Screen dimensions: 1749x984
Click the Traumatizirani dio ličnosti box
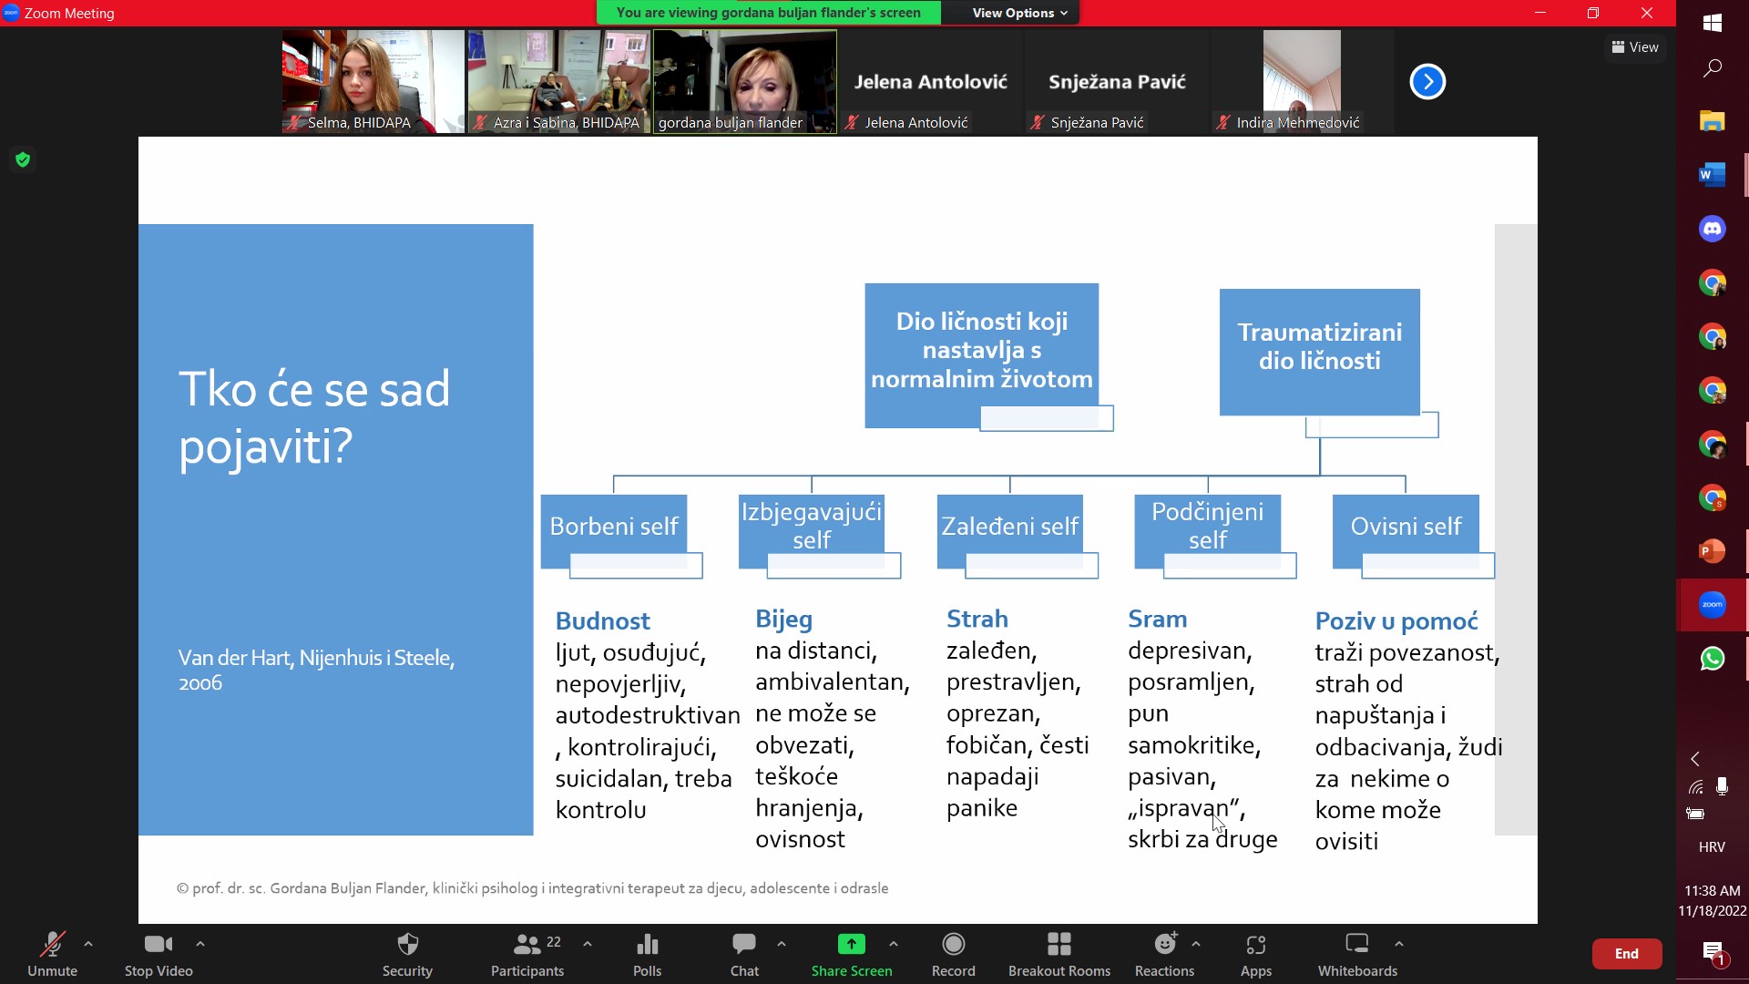(x=1319, y=352)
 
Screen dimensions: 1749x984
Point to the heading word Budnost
(x=602, y=621)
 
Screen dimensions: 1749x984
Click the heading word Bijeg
(x=783, y=620)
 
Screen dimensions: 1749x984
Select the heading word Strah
(x=977, y=620)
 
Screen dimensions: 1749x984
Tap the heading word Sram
(x=1157, y=620)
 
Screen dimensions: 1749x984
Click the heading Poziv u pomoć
(x=1396, y=621)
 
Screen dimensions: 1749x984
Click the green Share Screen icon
(x=851, y=944)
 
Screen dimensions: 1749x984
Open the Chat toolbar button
(x=744, y=954)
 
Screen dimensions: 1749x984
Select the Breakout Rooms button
(x=1059, y=954)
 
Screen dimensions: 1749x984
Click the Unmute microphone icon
(x=52, y=944)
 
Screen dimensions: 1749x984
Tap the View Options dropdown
(x=1019, y=13)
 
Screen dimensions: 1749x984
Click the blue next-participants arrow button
(x=1427, y=82)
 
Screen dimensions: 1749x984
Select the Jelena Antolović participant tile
(x=930, y=82)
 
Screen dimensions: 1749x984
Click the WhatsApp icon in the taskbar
(x=1713, y=659)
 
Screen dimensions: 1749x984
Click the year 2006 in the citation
(x=200, y=683)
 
